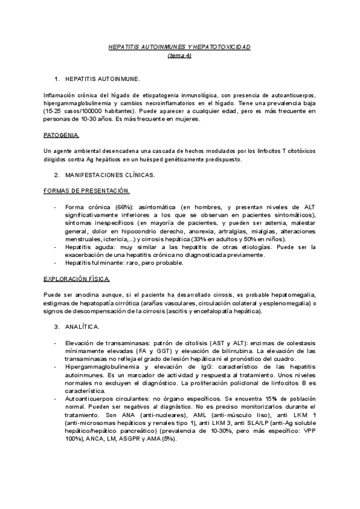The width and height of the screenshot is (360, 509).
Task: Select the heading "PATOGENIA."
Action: (61, 135)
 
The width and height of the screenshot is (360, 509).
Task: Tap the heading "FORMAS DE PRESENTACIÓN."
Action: (86, 191)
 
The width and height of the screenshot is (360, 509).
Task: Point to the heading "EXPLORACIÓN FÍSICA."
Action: (77, 279)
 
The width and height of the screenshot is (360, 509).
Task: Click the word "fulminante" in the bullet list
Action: (104, 263)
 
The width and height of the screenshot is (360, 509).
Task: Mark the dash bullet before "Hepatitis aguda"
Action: (56, 247)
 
